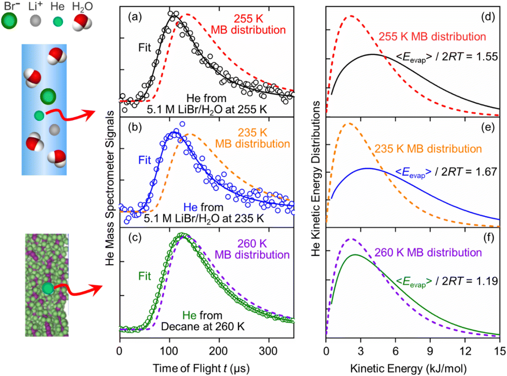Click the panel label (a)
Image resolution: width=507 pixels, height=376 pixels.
click(135, 17)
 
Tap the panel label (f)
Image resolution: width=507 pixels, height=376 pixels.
click(488, 238)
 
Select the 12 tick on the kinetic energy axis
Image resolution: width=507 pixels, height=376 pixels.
click(465, 351)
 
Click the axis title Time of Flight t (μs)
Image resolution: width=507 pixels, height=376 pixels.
click(201, 368)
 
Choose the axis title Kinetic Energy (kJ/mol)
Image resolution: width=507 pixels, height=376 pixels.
click(408, 368)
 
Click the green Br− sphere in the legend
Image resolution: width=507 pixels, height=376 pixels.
click(9, 21)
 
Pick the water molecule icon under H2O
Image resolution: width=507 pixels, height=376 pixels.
click(82, 22)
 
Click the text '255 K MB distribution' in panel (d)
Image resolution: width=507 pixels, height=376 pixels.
click(432, 36)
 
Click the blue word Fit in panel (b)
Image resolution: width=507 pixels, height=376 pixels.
click(145, 160)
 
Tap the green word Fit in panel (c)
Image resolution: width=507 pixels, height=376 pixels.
click(145, 276)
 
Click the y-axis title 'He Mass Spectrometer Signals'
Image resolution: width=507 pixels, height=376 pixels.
click(110, 188)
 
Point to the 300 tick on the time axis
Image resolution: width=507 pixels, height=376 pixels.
click(268, 351)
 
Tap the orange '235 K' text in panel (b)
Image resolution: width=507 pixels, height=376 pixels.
click(253, 133)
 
